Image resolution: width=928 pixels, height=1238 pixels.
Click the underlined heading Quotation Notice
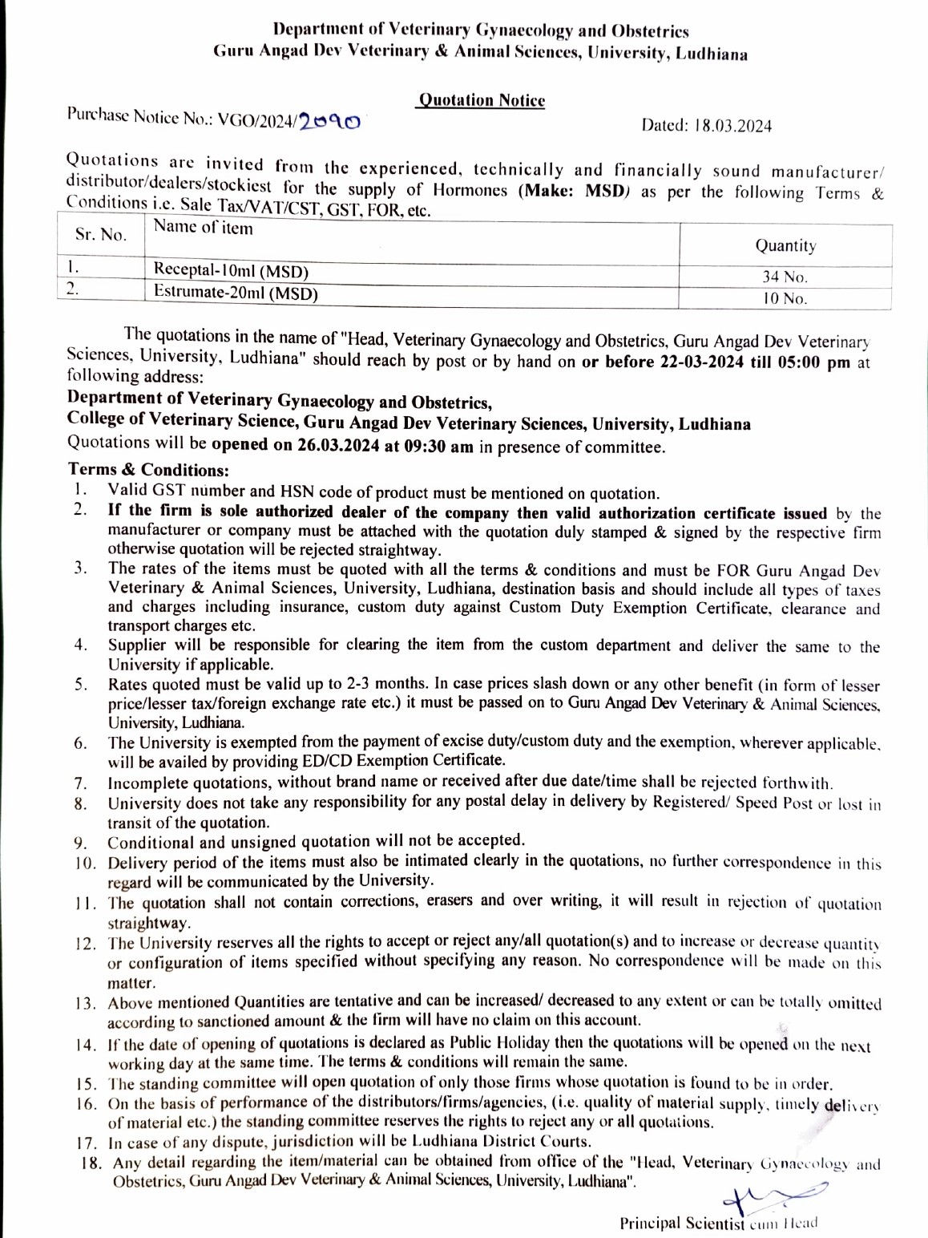click(x=482, y=100)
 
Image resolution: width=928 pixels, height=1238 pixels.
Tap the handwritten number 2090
click(x=330, y=121)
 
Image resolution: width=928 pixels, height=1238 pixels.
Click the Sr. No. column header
click(x=101, y=235)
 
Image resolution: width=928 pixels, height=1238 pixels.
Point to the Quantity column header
click(x=785, y=246)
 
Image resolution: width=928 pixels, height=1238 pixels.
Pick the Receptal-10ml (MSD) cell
click(x=231, y=270)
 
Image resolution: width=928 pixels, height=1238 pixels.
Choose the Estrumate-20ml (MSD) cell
click(x=236, y=293)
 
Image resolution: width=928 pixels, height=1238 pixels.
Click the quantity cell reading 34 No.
click(x=785, y=277)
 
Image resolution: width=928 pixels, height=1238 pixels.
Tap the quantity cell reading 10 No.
click(x=785, y=299)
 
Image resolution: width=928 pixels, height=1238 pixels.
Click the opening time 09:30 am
click(x=440, y=447)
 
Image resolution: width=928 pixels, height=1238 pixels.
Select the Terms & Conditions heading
click(x=148, y=470)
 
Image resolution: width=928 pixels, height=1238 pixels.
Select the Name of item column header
click(x=203, y=229)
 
